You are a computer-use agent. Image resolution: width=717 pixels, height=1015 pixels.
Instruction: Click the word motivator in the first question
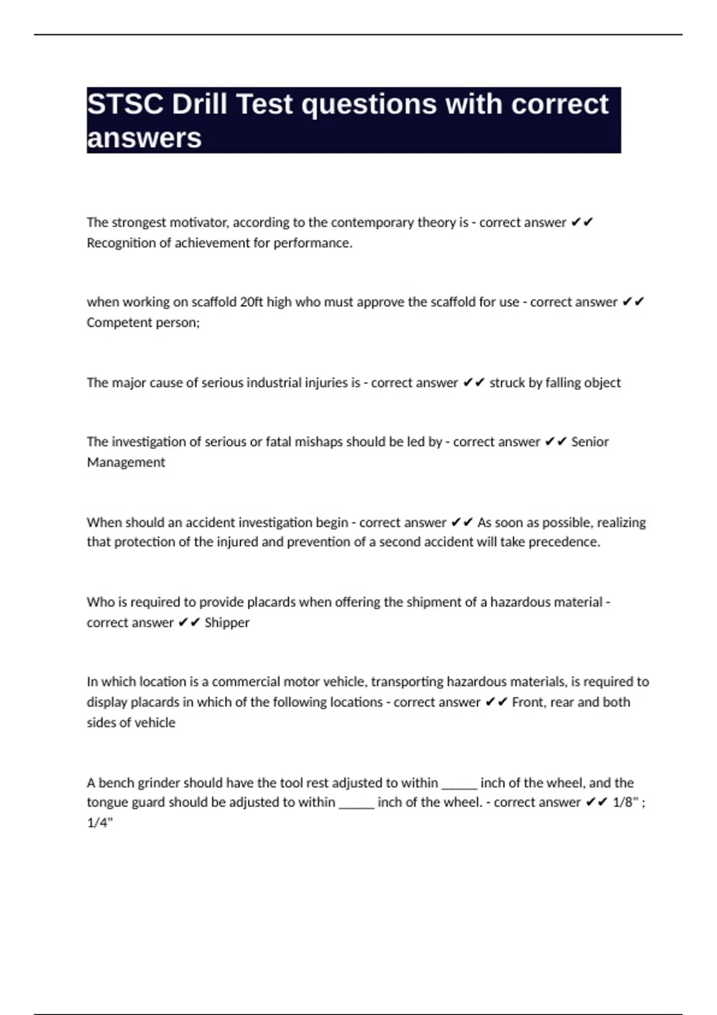pyautogui.click(x=198, y=222)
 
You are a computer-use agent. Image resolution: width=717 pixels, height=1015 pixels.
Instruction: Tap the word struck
pyautogui.click(x=506, y=383)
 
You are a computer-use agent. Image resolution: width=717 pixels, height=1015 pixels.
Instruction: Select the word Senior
pyautogui.click(x=590, y=442)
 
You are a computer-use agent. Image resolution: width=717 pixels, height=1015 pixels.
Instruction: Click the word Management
pyautogui.click(x=126, y=462)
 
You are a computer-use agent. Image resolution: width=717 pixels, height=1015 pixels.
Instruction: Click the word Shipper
pyautogui.click(x=227, y=623)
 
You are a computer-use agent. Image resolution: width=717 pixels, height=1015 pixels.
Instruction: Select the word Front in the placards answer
pyautogui.click(x=528, y=702)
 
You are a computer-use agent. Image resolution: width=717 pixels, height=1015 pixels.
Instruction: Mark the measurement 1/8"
pyautogui.click(x=626, y=802)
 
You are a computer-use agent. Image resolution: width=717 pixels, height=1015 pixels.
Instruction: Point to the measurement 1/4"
pyautogui.click(x=100, y=823)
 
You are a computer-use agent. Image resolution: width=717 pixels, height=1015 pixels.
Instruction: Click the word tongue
pyautogui.click(x=106, y=803)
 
